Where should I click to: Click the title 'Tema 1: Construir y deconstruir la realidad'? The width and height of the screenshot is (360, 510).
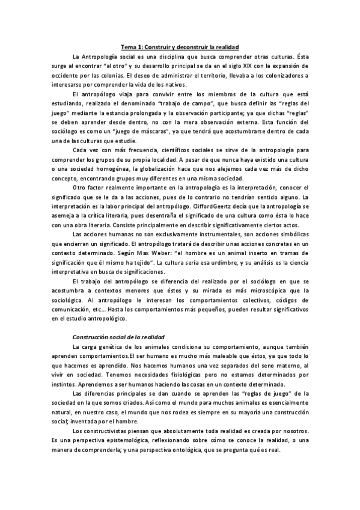point(180,46)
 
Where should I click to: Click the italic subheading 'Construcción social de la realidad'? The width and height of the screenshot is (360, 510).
point(118,337)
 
